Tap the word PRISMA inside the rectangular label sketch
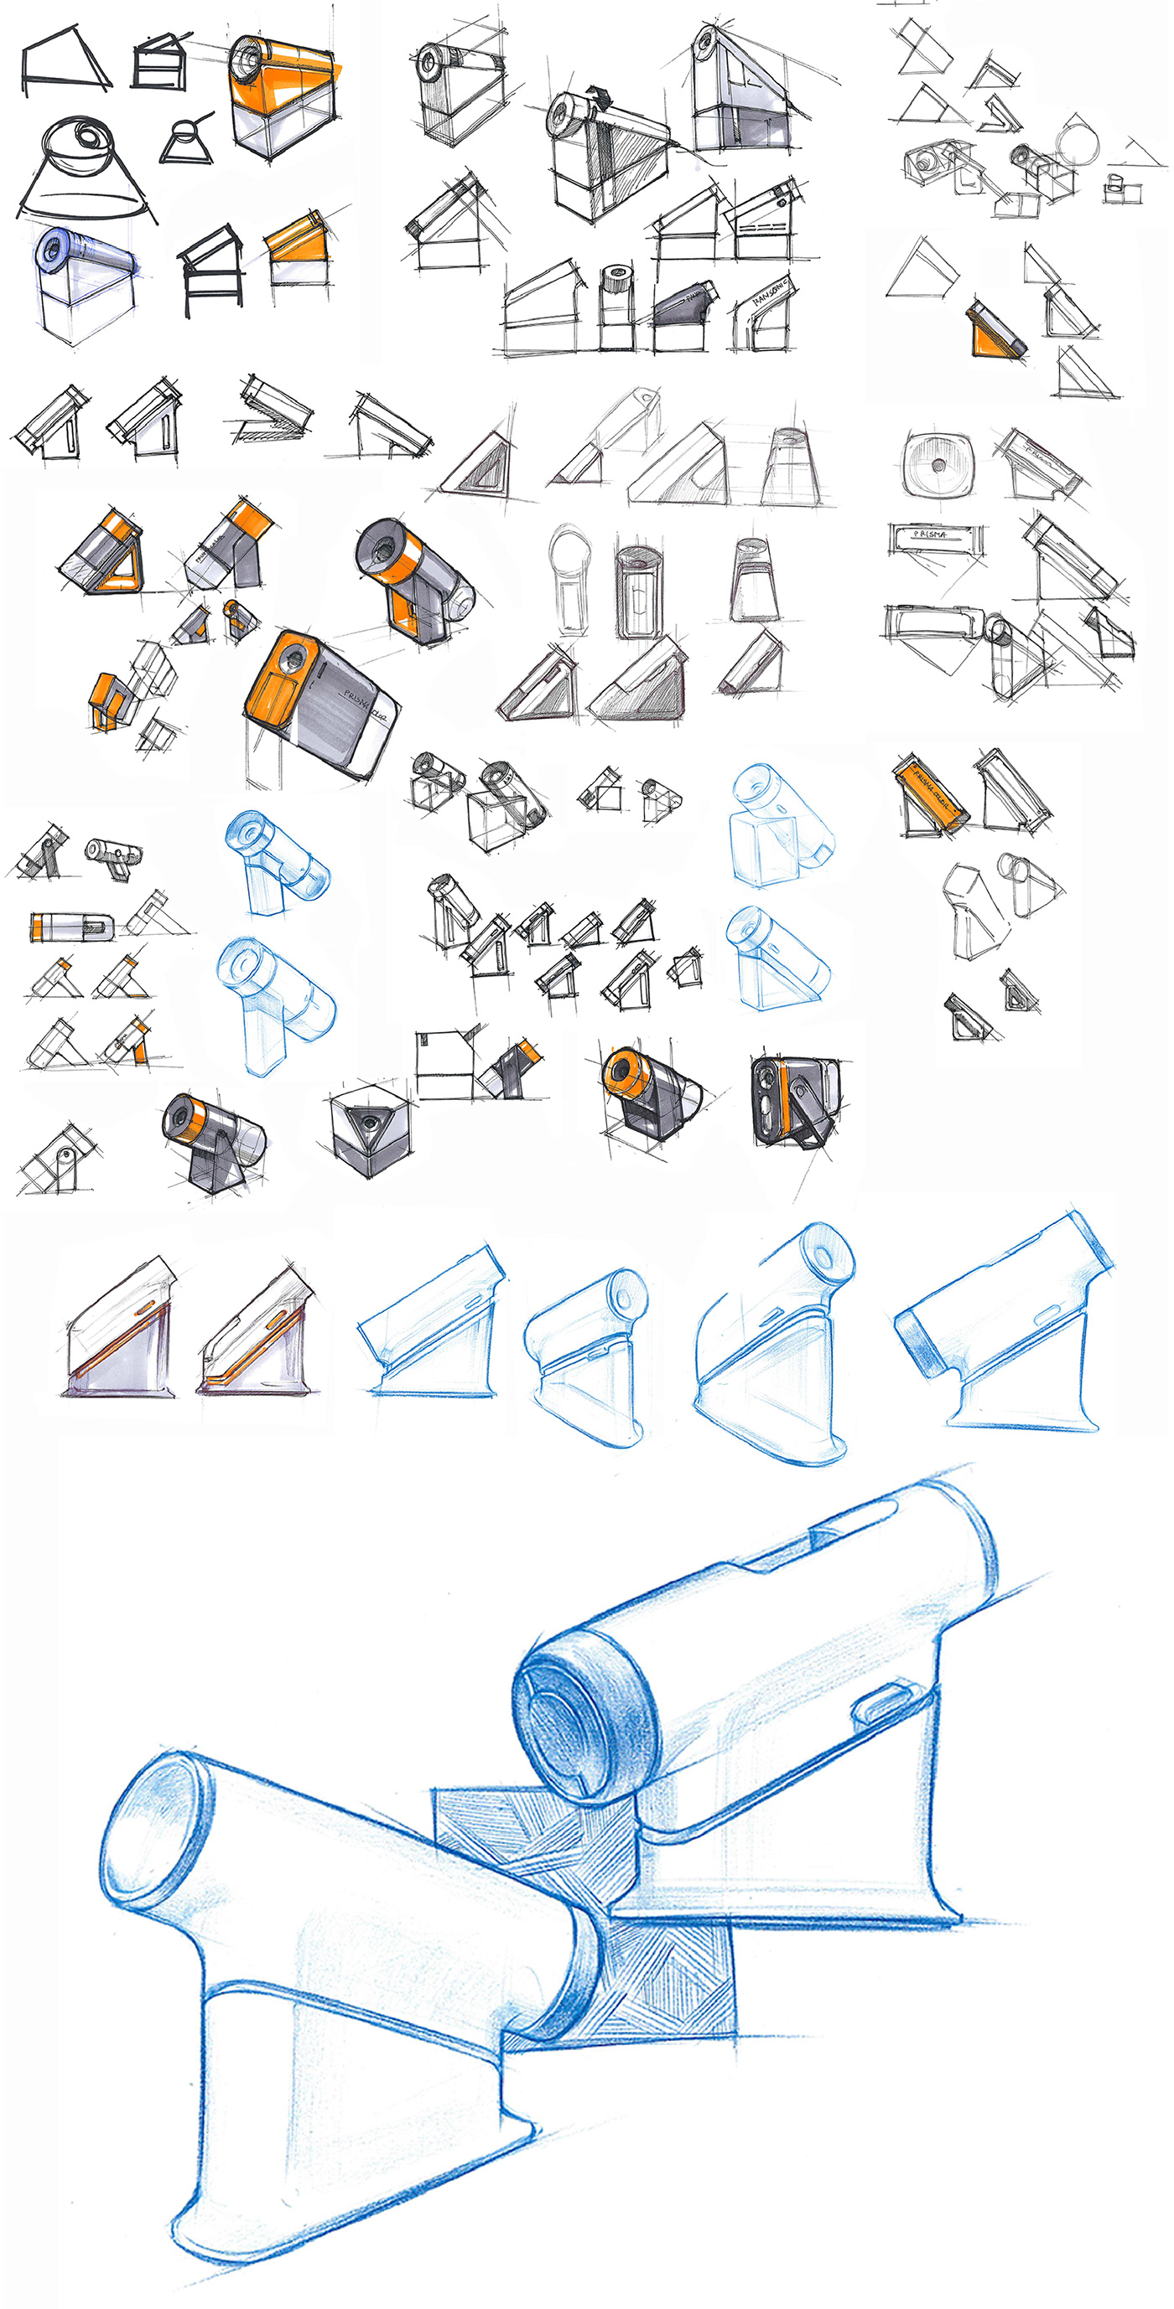930,535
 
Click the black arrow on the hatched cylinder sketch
597,95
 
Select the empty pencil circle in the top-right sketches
1077,141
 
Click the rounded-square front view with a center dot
938,464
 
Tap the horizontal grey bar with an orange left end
72,926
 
